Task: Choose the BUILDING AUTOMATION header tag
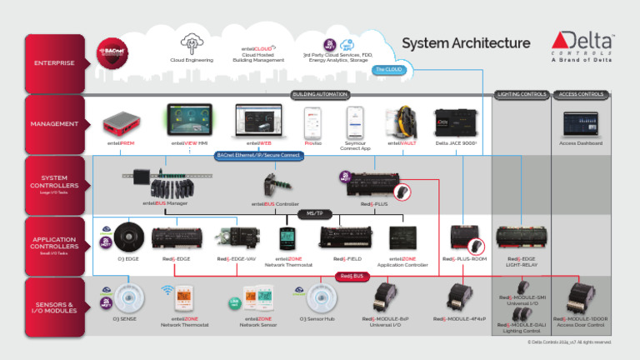(x=320, y=94)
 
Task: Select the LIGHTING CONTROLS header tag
(x=521, y=94)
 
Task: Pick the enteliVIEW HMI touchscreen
(x=189, y=120)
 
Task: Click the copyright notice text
(x=565, y=341)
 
